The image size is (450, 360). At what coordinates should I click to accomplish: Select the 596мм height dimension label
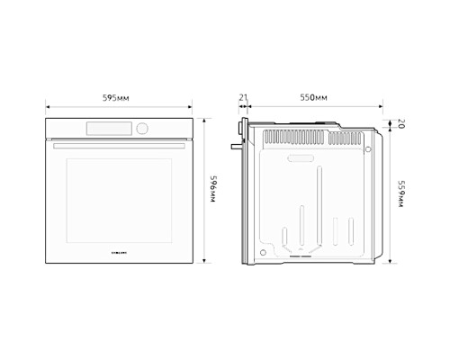pyautogui.click(x=214, y=191)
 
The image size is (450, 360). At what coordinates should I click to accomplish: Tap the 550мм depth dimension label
pyautogui.click(x=312, y=96)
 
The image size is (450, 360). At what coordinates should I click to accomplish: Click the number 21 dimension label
pyautogui.click(x=243, y=96)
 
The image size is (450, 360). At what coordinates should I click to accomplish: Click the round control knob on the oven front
pyautogui.click(x=140, y=128)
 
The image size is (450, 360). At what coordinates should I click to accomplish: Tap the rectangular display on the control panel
pyautogui.click(x=110, y=128)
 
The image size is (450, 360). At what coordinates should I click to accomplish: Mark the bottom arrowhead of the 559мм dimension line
pyautogui.click(x=391, y=261)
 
